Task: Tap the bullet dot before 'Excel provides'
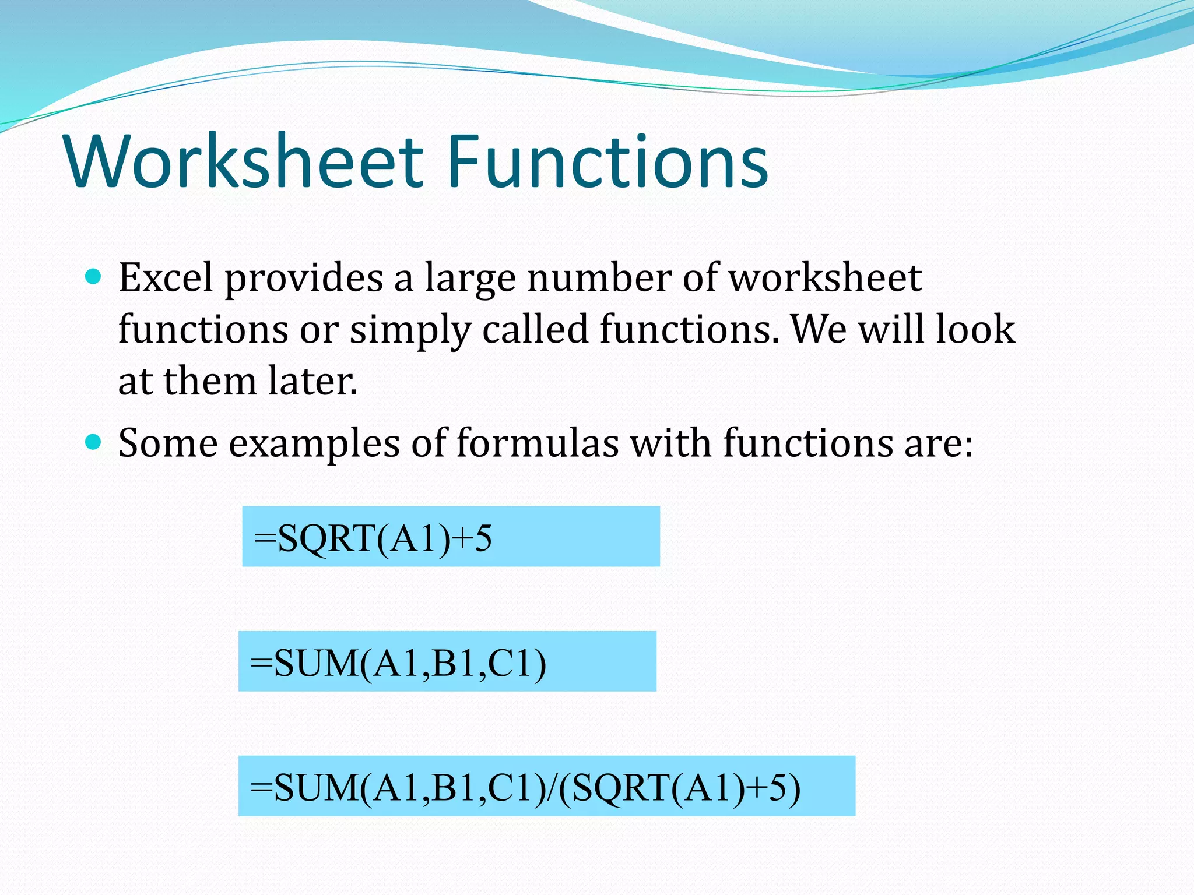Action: [x=93, y=276]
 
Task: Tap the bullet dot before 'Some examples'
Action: [x=93, y=441]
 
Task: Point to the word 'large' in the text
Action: [x=470, y=279]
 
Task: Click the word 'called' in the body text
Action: [x=535, y=329]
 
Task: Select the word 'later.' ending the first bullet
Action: [x=312, y=381]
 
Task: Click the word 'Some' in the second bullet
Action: [x=168, y=443]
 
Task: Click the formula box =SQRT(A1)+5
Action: [x=451, y=537]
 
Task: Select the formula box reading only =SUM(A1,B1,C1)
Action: [x=447, y=662]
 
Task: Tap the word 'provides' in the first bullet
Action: [x=304, y=279]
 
